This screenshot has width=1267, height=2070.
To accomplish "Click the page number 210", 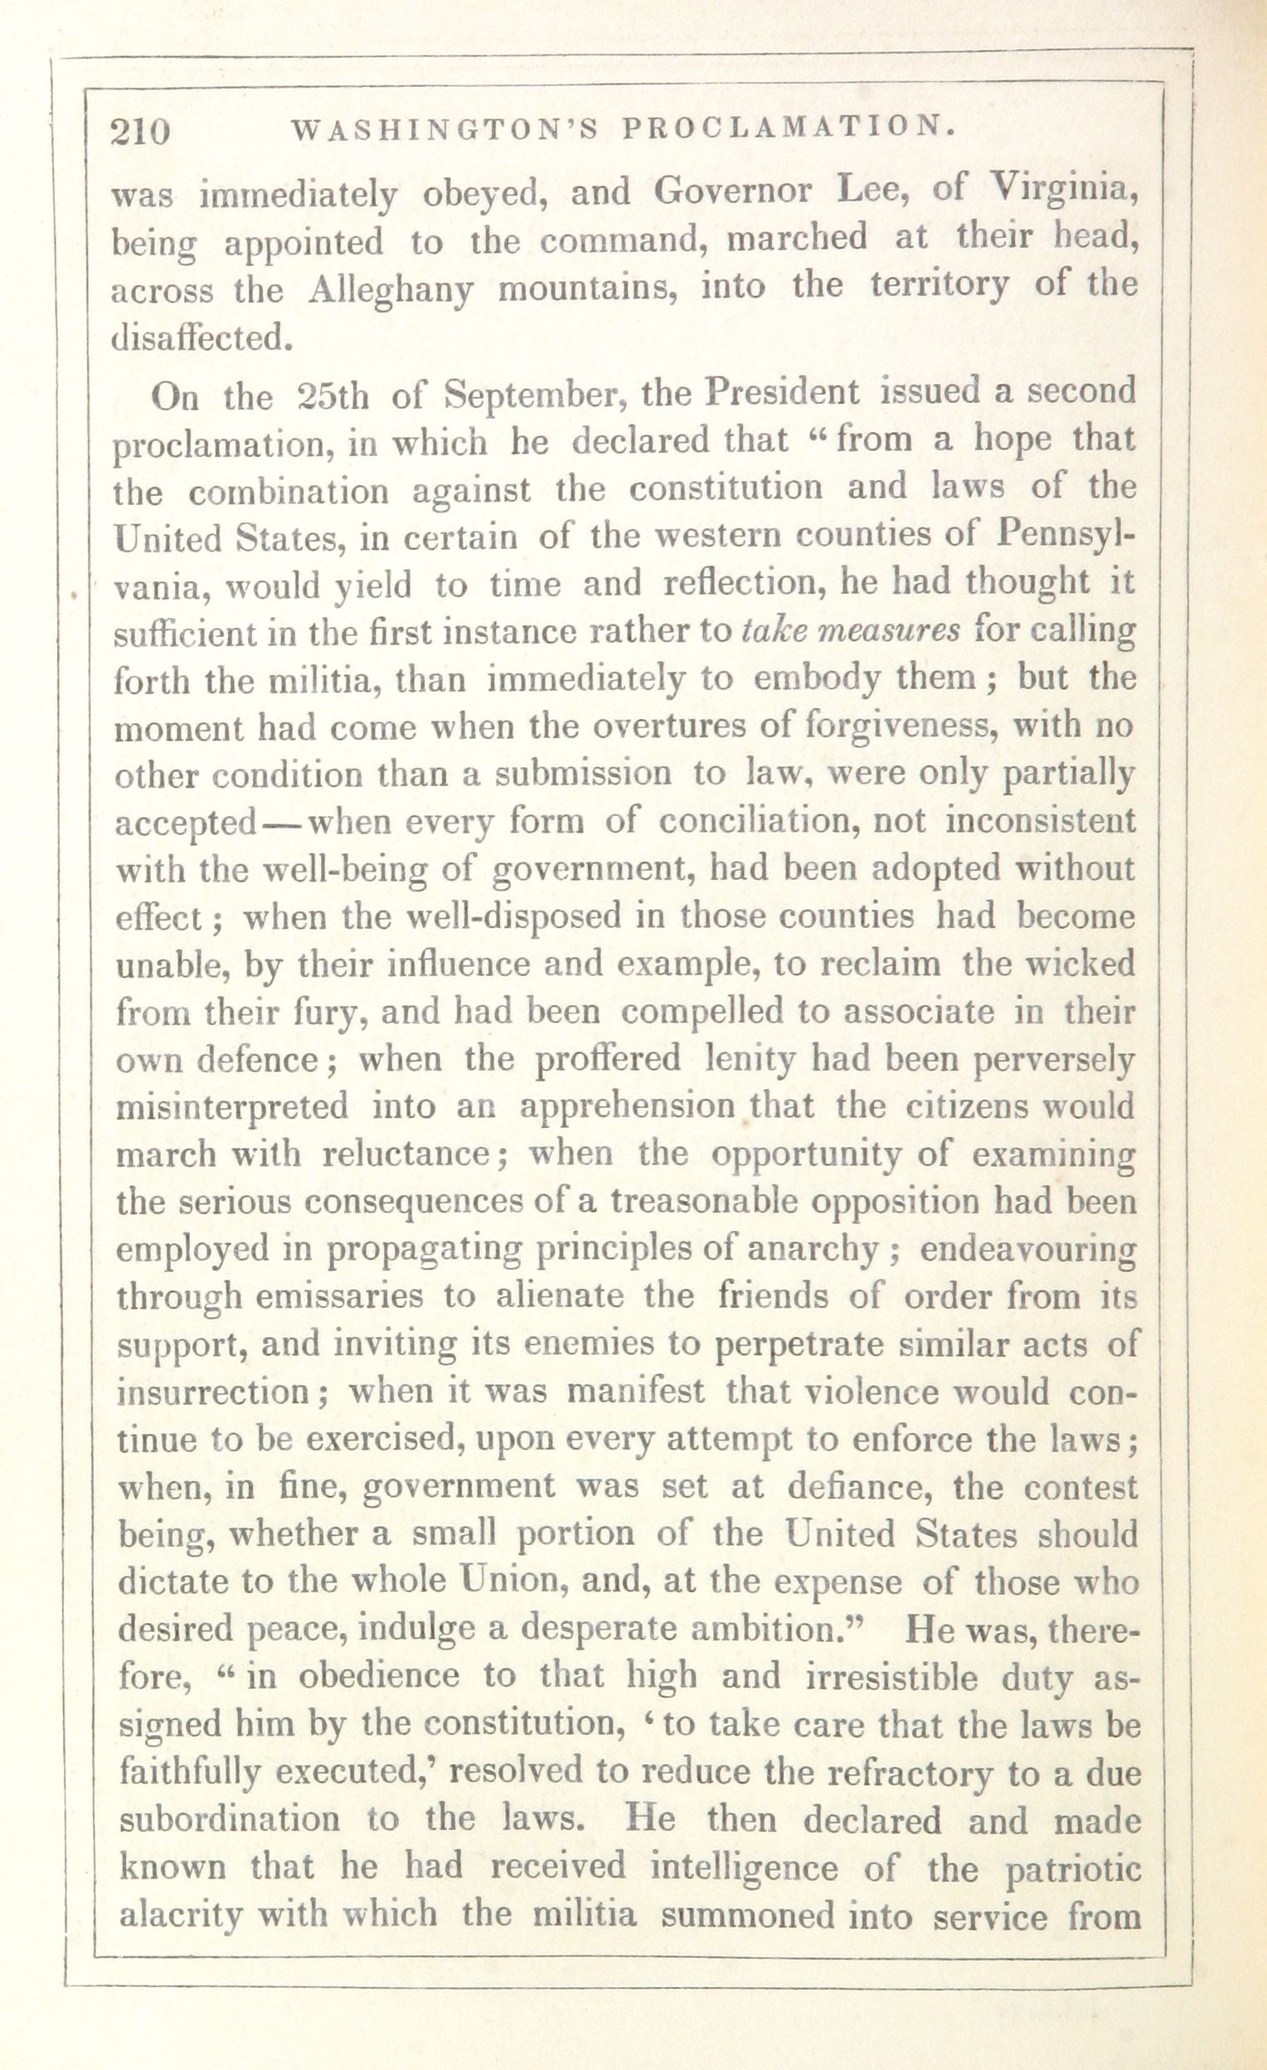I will (140, 132).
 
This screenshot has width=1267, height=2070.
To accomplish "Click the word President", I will (782, 391).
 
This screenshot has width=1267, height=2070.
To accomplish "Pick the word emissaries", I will (339, 1296).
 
